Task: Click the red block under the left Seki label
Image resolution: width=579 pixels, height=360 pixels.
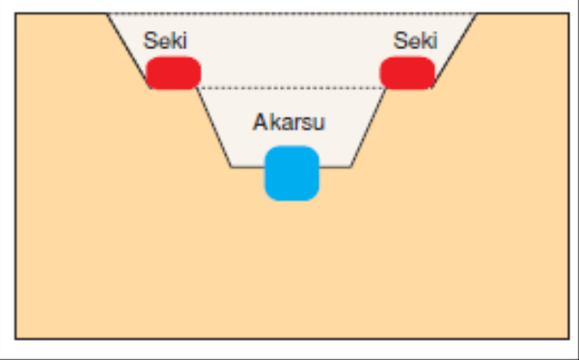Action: click(174, 72)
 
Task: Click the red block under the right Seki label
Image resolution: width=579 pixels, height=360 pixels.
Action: click(406, 72)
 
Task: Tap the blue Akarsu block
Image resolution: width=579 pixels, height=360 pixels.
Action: click(291, 173)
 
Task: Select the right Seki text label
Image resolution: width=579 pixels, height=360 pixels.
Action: click(416, 42)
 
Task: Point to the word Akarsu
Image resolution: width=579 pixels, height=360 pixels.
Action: click(290, 123)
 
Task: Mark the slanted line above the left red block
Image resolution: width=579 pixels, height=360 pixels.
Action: click(127, 48)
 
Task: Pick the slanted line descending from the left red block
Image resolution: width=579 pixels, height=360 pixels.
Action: click(214, 126)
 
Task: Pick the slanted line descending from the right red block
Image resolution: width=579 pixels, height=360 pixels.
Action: click(368, 126)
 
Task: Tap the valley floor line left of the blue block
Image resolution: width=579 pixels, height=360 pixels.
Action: click(247, 166)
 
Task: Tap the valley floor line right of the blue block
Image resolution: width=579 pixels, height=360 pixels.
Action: click(335, 166)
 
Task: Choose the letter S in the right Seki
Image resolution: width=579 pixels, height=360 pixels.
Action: click(400, 42)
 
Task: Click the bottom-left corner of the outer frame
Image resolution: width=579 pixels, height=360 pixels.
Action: click(16, 338)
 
